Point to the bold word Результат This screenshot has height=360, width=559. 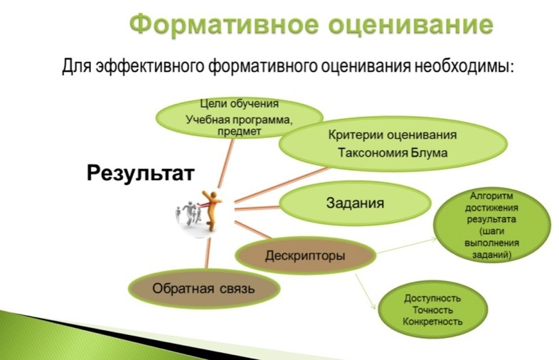(141, 173)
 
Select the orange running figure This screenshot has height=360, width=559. (211, 210)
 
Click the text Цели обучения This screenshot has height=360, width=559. (239, 104)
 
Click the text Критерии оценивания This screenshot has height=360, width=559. (392, 135)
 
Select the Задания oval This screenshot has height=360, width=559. (355, 203)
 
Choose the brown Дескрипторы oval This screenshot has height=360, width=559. (305, 255)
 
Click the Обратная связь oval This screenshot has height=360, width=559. (204, 288)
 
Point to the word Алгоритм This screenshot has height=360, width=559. (491, 196)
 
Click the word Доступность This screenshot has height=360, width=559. (432, 298)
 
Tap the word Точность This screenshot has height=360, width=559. (432, 310)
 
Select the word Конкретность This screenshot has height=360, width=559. (432, 322)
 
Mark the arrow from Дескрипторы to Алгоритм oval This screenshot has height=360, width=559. (406, 245)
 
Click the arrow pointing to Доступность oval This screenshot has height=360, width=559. (366, 292)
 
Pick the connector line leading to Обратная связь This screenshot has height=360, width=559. (208, 253)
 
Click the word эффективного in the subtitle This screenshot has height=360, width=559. (151, 67)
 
